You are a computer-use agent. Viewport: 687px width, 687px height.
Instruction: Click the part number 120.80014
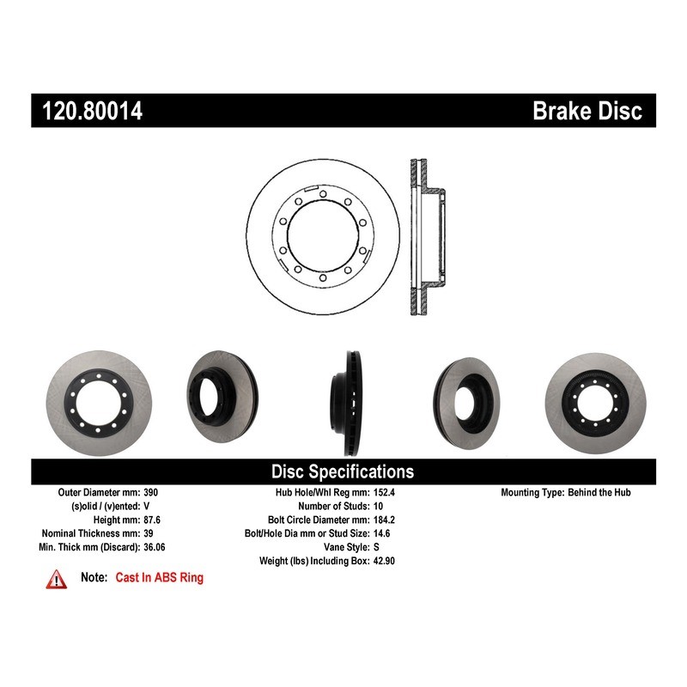click(x=92, y=111)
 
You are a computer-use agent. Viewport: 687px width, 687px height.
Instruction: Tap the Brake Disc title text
click(x=587, y=111)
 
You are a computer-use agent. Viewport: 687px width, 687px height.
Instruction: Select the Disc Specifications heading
click(x=343, y=471)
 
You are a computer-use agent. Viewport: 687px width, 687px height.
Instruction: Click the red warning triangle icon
click(x=57, y=579)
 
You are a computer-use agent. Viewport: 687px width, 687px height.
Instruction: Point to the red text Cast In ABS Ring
click(x=160, y=577)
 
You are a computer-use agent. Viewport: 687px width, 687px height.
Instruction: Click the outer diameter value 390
click(x=151, y=492)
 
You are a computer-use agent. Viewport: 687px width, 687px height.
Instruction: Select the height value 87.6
click(x=152, y=520)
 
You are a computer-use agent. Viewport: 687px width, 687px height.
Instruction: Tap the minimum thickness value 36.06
click(x=155, y=547)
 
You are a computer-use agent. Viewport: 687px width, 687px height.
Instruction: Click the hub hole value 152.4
click(x=384, y=492)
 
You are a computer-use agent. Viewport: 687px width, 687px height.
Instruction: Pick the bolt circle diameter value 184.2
click(x=384, y=520)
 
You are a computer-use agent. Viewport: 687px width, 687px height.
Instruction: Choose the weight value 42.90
click(x=384, y=561)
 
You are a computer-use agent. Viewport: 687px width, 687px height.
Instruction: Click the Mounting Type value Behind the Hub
click(x=599, y=492)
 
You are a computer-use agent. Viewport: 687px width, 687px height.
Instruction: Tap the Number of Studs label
click(x=334, y=506)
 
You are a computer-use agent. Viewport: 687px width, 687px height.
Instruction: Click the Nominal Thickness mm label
click(x=91, y=533)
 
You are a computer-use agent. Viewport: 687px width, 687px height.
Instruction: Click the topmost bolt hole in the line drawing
click(x=323, y=194)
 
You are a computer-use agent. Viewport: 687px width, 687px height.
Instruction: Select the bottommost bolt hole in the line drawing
click(x=323, y=277)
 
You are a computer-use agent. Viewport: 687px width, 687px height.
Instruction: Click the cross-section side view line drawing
click(x=427, y=237)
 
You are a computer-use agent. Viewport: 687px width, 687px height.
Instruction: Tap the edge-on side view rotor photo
click(x=347, y=403)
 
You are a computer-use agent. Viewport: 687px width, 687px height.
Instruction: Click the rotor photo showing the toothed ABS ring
click(x=595, y=403)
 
